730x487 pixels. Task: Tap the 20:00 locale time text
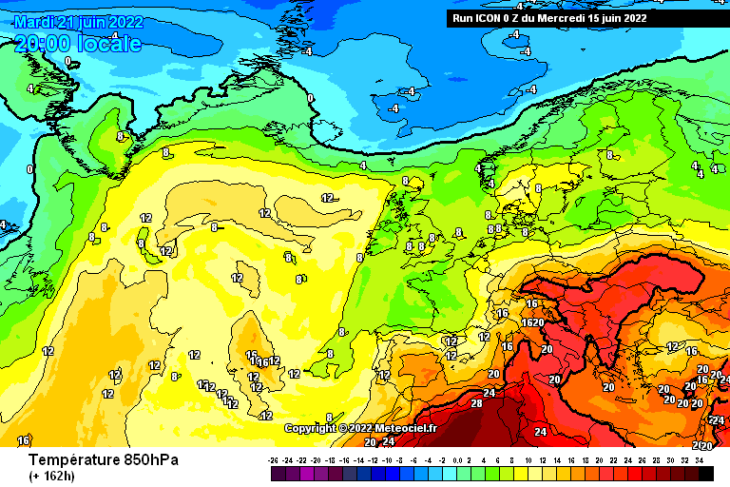click(78, 44)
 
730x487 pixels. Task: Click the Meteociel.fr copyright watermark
click(360, 428)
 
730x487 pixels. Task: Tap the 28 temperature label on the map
click(476, 403)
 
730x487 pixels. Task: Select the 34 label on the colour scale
click(699, 459)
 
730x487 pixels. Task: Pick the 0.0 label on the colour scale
click(460, 459)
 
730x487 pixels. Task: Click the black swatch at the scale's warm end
click(705, 473)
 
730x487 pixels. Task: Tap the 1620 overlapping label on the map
click(532, 323)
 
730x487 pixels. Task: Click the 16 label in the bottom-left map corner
click(23, 440)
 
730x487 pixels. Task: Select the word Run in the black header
click(463, 18)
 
